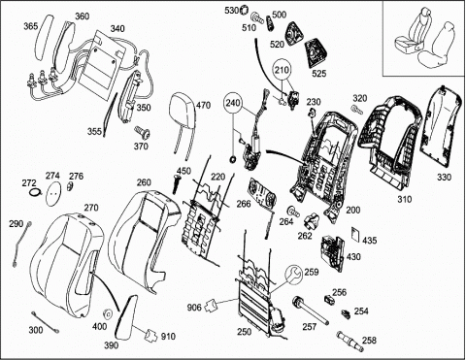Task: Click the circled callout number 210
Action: (x=283, y=70)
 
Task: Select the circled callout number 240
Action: (x=233, y=103)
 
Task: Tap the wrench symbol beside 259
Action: (x=293, y=274)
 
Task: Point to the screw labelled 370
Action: (x=143, y=133)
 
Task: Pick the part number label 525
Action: (x=319, y=74)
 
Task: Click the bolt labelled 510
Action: (x=256, y=17)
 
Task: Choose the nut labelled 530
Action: (x=244, y=10)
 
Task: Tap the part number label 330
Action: (x=444, y=177)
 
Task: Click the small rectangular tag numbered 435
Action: (x=355, y=234)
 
